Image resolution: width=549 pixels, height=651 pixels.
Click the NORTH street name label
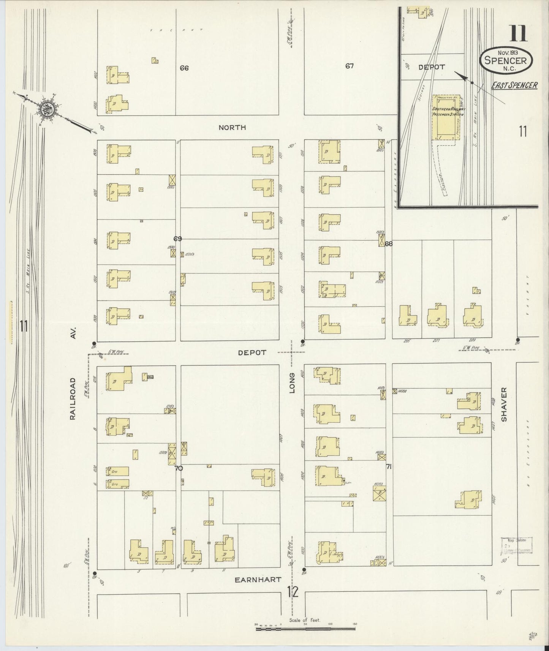click(x=232, y=128)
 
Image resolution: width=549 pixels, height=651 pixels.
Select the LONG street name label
click(x=292, y=382)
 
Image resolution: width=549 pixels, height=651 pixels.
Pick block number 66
click(x=184, y=68)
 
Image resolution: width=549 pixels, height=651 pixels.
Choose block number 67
click(x=350, y=66)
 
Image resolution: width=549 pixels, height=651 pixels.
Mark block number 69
click(x=177, y=239)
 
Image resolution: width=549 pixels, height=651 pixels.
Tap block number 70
click(x=179, y=468)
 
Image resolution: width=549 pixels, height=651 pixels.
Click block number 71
click(x=389, y=467)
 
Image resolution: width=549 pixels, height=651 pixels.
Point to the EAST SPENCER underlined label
click(x=514, y=85)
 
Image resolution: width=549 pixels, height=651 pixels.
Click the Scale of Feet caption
click(x=305, y=620)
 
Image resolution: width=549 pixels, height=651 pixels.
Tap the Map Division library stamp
click(x=517, y=545)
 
